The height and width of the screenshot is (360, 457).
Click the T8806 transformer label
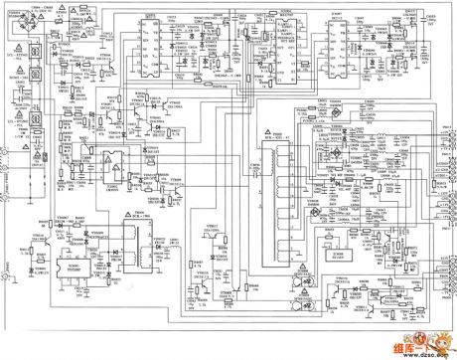[140, 212]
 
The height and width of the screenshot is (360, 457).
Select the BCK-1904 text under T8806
[140, 217]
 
